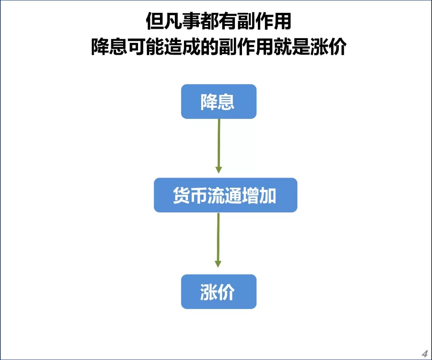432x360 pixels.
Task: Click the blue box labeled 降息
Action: [x=218, y=102]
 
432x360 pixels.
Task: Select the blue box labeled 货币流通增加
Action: [x=225, y=195]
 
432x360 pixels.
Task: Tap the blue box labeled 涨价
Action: [x=218, y=292]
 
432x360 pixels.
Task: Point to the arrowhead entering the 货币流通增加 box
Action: [x=219, y=169]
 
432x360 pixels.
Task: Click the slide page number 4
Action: [x=424, y=354]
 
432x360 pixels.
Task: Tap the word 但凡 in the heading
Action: [x=163, y=22]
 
